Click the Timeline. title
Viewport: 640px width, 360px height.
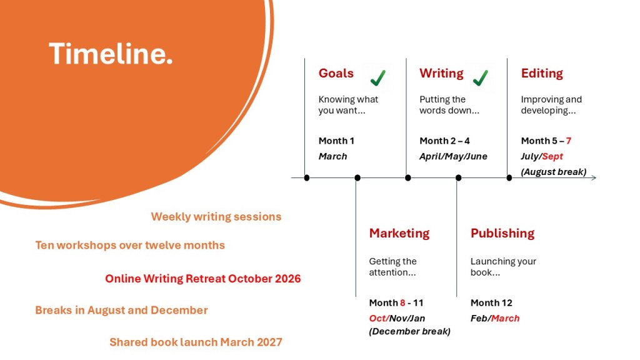[111, 54]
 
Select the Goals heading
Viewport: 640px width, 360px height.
[336, 73]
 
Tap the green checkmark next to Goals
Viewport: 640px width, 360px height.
[378, 77]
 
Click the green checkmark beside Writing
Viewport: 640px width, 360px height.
[481, 77]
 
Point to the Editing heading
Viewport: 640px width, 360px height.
[542, 74]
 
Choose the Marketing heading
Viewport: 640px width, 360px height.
[399, 233]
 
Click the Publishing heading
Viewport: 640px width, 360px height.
[502, 233]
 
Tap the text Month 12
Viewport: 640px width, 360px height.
[491, 303]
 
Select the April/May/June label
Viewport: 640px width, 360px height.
[453, 156]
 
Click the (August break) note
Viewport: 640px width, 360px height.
[554, 172]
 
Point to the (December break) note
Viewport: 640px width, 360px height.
[410, 331]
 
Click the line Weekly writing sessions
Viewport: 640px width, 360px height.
[216, 217]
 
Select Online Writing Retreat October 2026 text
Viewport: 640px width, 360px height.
[203, 279]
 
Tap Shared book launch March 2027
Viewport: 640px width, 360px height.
[196, 342]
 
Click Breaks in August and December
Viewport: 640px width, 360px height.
[121, 310]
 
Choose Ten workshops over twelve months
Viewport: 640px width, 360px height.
[130, 245]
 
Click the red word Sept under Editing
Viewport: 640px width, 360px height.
[552, 157]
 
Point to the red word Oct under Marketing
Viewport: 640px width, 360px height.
[377, 318]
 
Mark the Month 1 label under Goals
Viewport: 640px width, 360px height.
[336, 141]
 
